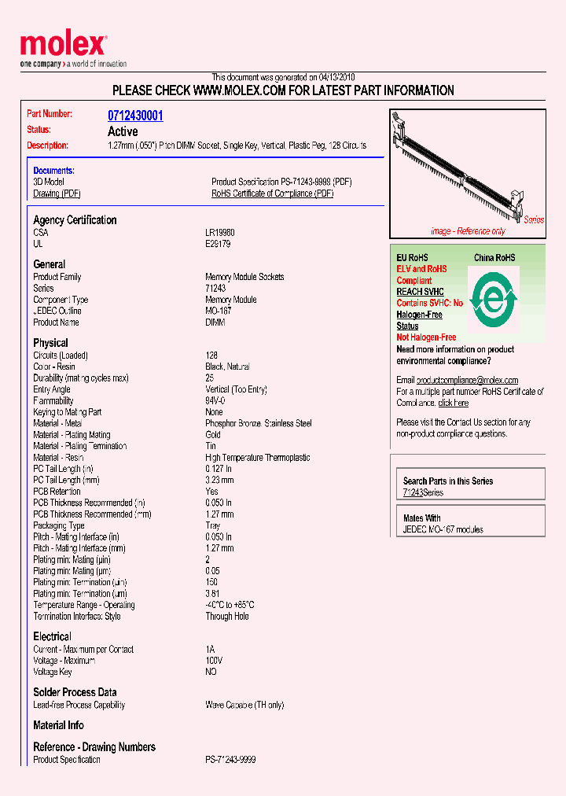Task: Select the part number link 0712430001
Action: (x=135, y=116)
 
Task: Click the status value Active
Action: (x=123, y=131)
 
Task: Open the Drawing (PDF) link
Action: (x=57, y=193)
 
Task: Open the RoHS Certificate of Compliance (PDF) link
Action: (x=272, y=193)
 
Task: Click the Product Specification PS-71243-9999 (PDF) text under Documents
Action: (x=281, y=182)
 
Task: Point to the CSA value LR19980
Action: (x=220, y=233)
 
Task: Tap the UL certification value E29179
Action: (x=218, y=244)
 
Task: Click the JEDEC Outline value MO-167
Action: (x=219, y=311)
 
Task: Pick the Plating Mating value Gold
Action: (x=214, y=435)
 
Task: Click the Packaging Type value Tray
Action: (x=214, y=525)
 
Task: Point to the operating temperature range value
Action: (x=230, y=605)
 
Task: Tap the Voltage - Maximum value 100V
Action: (x=214, y=661)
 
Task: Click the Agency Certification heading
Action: (x=75, y=220)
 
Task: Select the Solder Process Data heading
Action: (x=75, y=692)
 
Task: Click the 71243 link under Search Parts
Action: (x=413, y=492)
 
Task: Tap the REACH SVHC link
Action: (x=420, y=292)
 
